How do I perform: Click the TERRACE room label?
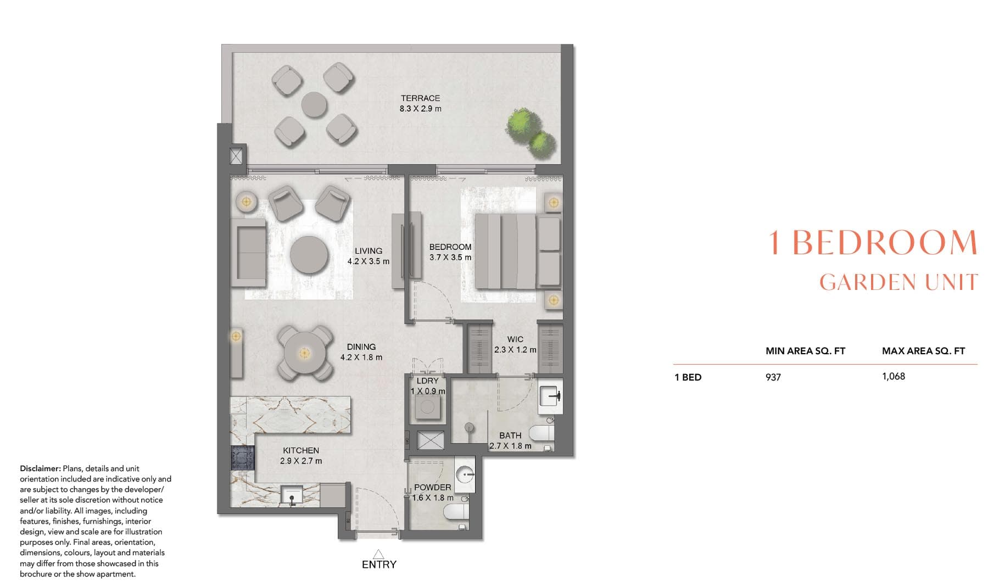coord(420,98)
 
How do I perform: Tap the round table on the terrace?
coord(314,104)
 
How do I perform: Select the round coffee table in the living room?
coord(309,255)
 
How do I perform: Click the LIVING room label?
coord(368,251)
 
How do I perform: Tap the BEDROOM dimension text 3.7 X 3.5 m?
coord(450,258)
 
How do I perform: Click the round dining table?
coord(303,352)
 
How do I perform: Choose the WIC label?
coord(515,339)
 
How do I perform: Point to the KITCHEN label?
coord(301,450)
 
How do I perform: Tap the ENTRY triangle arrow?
coord(378,554)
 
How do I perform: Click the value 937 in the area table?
coord(773,377)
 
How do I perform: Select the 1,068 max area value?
coord(894,377)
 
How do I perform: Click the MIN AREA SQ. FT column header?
coord(805,351)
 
